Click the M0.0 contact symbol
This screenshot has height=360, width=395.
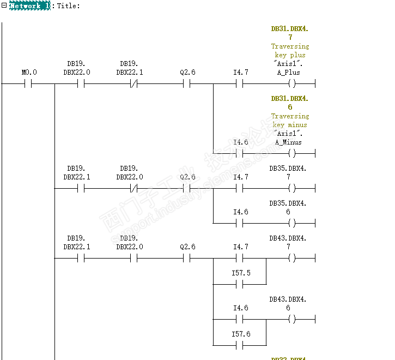point(29,84)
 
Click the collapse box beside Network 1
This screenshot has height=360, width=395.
point(4,5)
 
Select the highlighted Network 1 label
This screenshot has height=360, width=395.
point(30,5)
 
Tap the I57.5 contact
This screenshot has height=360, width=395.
point(240,285)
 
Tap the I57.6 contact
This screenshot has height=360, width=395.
point(240,346)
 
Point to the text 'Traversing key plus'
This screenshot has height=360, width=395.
point(290,51)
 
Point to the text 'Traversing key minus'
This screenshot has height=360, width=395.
point(290,121)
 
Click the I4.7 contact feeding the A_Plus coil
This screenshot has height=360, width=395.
point(240,84)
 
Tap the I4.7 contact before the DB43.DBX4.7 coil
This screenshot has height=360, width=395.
point(240,259)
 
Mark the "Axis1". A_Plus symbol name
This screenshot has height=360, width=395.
point(289,68)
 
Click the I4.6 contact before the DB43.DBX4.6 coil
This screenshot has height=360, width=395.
point(240,320)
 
